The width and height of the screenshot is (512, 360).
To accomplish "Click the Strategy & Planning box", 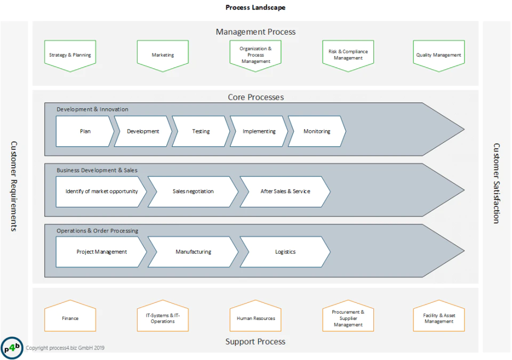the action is [x=70, y=55].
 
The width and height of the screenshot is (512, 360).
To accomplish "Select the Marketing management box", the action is [x=163, y=55].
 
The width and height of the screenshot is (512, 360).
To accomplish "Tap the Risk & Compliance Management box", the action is [x=348, y=55].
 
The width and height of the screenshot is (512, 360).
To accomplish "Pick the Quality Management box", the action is [x=439, y=55].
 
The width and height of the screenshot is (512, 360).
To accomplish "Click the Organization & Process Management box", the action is [x=255, y=55].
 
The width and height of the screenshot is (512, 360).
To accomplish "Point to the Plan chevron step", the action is [x=85, y=131].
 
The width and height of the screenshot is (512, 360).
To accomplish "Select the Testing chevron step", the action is [x=201, y=131].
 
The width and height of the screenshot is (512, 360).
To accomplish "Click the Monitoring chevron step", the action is [x=317, y=131].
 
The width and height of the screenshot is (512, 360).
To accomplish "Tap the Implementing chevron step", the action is [x=259, y=131].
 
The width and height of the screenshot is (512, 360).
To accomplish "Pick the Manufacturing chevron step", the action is [x=193, y=252].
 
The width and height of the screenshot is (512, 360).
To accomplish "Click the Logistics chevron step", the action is [x=285, y=252].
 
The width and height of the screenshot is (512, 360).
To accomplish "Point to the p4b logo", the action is [x=12, y=348].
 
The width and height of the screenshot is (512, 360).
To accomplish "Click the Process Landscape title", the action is [x=255, y=7].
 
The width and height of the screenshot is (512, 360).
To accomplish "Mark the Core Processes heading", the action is [x=255, y=97].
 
